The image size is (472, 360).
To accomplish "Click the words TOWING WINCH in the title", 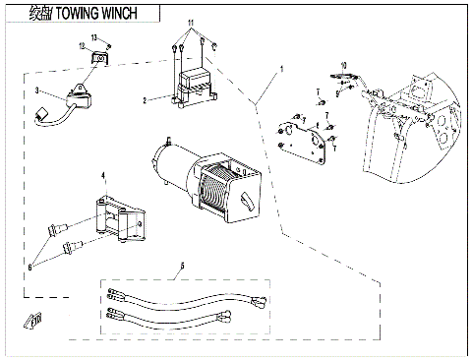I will pyautogui.click(x=93, y=13).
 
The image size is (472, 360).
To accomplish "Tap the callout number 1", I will pyautogui.click(x=280, y=70).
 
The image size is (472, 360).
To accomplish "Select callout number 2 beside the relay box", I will pyautogui.click(x=145, y=100).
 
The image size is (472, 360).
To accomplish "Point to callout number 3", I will pyautogui.click(x=36, y=90).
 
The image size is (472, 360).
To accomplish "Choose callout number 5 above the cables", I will pyautogui.click(x=182, y=266).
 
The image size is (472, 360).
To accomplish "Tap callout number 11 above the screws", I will pyautogui.click(x=192, y=21).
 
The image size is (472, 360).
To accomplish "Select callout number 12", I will pyautogui.click(x=82, y=46).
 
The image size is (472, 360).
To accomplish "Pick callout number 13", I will pyautogui.click(x=95, y=36).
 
